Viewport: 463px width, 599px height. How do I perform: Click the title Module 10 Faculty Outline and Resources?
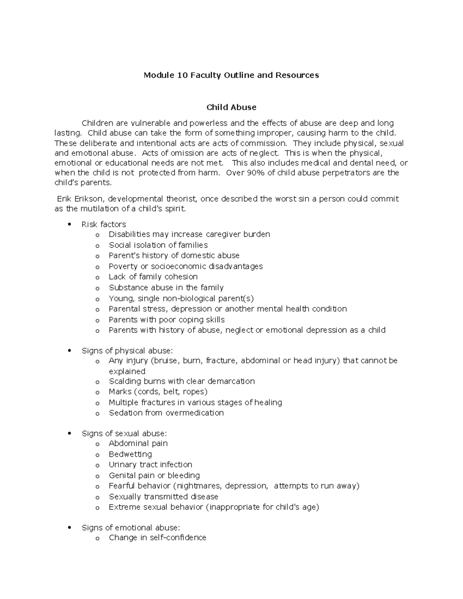pyautogui.click(x=231, y=75)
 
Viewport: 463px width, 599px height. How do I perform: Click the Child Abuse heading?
pyautogui.click(x=231, y=107)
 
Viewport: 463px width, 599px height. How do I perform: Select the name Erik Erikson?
pyautogui.click(x=80, y=199)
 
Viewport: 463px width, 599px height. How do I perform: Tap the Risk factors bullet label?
pyautogui.click(x=104, y=224)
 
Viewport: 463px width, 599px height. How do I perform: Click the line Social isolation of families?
pyautogui.click(x=158, y=245)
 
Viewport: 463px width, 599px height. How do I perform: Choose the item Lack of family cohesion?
pyautogui.click(x=153, y=277)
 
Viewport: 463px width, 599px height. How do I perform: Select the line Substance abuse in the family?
pyautogui.click(x=166, y=287)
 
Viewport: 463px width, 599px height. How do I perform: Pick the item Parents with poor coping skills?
pyautogui.click(x=167, y=319)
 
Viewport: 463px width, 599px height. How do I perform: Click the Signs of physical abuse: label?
pyautogui.click(x=127, y=351)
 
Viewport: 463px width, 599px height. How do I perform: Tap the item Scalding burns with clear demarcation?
pyautogui.click(x=182, y=381)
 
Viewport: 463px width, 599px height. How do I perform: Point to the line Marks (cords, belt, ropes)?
pyautogui.click(x=158, y=391)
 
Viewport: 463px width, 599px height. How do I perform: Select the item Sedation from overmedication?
pyautogui.click(x=166, y=413)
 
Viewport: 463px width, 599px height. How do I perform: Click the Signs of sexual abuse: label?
pyautogui.click(x=124, y=434)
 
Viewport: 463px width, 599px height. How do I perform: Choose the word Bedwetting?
pyautogui.click(x=130, y=454)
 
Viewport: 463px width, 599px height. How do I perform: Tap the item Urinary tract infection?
pyautogui.click(x=150, y=464)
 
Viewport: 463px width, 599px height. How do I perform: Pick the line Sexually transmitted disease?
pyautogui.click(x=164, y=496)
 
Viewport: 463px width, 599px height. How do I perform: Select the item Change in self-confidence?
pyautogui.click(x=157, y=538)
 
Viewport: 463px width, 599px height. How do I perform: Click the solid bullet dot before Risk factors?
pyautogui.click(x=69, y=224)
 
